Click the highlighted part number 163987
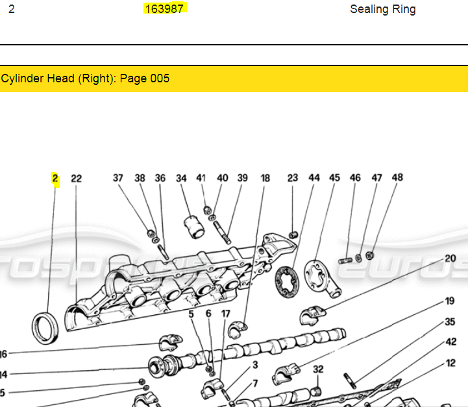pos(165,8)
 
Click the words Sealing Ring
pos(382,9)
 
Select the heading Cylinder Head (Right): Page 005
pos(85,78)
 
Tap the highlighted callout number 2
pos(55,178)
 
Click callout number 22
pos(77,178)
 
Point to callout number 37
pos(117,178)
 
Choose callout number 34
pos(181,178)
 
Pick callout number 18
pos(265,178)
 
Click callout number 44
pos(314,178)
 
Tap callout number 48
pos(397,177)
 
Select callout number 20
pos(450,258)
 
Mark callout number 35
pos(450,321)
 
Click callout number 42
pos(450,342)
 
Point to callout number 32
pos(318,369)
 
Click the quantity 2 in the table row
pos(12,9)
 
